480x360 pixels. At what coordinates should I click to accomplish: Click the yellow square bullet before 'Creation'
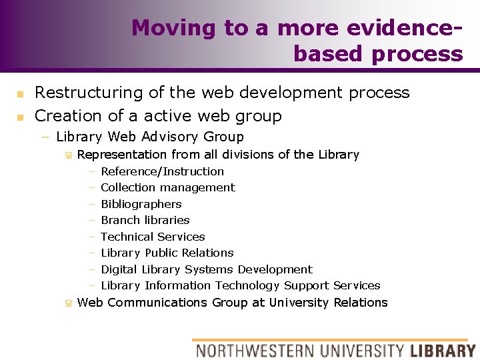click(x=20, y=117)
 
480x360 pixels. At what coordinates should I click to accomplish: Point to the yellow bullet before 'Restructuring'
click(x=20, y=94)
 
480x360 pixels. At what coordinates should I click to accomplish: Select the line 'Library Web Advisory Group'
click(x=150, y=137)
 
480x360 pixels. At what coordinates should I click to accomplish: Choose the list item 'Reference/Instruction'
click(x=162, y=171)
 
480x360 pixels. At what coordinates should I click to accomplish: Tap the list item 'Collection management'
click(x=167, y=188)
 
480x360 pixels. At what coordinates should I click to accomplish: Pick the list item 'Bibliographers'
click(x=141, y=204)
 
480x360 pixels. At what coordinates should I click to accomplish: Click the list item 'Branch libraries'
click(x=145, y=220)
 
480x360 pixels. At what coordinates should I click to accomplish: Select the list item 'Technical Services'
click(x=153, y=237)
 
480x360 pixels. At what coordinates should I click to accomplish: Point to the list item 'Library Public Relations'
click(x=167, y=253)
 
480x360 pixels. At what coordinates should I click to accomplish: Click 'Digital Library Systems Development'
click(x=206, y=269)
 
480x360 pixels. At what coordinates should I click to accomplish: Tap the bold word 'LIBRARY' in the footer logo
click(x=443, y=350)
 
